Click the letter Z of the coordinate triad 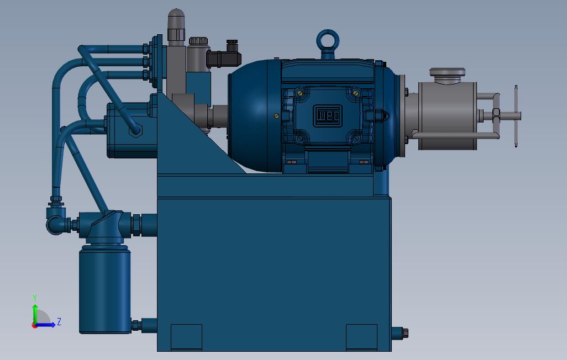pos(59,321)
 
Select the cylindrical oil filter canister pos(105,290)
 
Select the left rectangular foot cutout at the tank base pos(186,336)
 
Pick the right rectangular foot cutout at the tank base pos(361,336)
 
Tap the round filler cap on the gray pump pos(447,73)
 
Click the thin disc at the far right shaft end pos(516,116)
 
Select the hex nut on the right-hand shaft pos(496,116)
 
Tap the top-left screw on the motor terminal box pos(300,93)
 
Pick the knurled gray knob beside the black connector pos(198,41)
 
